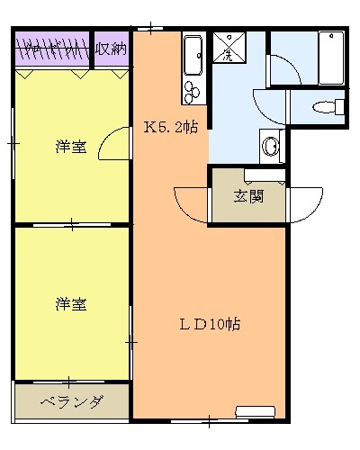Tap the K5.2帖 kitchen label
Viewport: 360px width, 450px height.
click(x=171, y=128)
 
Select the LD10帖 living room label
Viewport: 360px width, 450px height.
click(x=207, y=323)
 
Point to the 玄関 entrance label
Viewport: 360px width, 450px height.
click(x=249, y=196)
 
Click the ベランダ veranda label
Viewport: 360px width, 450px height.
click(x=72, y=402)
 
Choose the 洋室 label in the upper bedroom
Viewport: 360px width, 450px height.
click(x=70, y=146)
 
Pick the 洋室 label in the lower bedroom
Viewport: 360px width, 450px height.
click(x=70, y=304)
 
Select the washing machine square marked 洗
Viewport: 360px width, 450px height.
click(x=225, y=47)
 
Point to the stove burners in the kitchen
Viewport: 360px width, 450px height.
click(x=192, y=89)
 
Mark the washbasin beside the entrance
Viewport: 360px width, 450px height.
click(x=269, y=145)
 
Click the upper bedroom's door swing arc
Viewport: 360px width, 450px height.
click(x=115, y=144)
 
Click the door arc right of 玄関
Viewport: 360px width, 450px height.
click(x=306, y=203)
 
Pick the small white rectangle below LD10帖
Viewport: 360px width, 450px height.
click(x=255, y=411)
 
